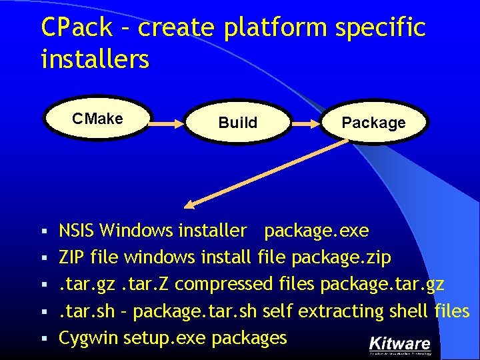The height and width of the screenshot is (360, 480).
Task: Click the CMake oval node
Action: click(x=97, y=119)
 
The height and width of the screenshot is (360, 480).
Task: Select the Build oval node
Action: click(x=237, y=123)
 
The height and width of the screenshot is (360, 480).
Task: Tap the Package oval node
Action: click(x=373, y=123)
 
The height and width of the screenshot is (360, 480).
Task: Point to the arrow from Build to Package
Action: click(x=307, y=122)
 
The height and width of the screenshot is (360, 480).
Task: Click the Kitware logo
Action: click(x=400, y=345)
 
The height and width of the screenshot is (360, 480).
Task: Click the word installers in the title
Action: click(x=95, y=59)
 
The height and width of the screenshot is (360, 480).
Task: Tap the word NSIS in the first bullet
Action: click(x=77, y=231)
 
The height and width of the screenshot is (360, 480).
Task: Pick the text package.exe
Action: click(x=316, y=231)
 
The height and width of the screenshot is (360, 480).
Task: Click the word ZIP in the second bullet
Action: click(x=71, y=258)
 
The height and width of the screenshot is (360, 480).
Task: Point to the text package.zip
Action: click(x=341, y=258)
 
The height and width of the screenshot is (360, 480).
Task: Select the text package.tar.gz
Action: click(x=382, y=285)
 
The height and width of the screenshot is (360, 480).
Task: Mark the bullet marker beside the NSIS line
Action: click(x=45, y=232)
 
